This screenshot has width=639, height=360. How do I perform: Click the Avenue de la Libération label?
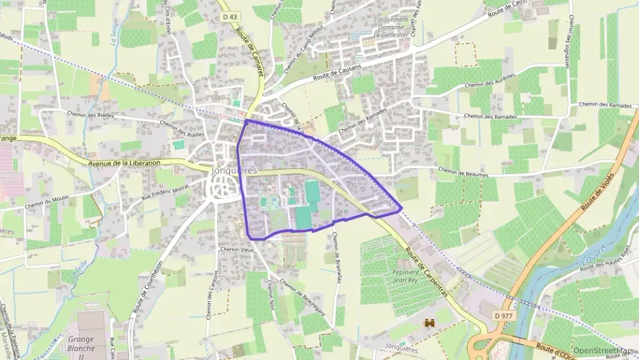point(124,163)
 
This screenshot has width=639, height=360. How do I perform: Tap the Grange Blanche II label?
point(81,342)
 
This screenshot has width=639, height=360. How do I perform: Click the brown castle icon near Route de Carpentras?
point(430,323)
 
